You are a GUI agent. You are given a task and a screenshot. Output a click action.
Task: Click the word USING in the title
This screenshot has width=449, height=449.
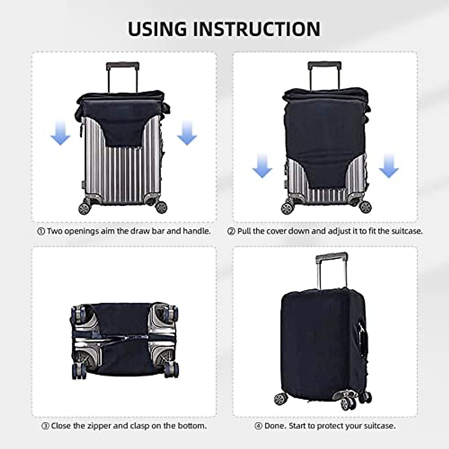(157, 29)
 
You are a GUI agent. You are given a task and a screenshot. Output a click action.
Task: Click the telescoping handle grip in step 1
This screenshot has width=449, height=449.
(123, 66)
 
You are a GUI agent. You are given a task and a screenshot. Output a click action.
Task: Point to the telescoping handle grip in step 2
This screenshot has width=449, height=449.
(324, 65)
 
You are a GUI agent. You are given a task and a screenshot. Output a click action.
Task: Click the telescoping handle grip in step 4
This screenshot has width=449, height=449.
(332, 258)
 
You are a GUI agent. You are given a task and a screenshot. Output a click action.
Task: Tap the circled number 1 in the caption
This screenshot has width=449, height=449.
(41, 232)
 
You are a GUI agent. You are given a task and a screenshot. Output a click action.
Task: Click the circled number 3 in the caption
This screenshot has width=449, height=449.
(45, 426)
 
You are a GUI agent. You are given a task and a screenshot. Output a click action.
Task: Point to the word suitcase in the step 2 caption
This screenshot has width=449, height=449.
(407, 231)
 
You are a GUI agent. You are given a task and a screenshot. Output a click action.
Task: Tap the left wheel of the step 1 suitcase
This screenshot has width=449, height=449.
(84, 208)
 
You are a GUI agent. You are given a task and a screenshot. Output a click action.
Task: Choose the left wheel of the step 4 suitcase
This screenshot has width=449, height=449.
(280, 399)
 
